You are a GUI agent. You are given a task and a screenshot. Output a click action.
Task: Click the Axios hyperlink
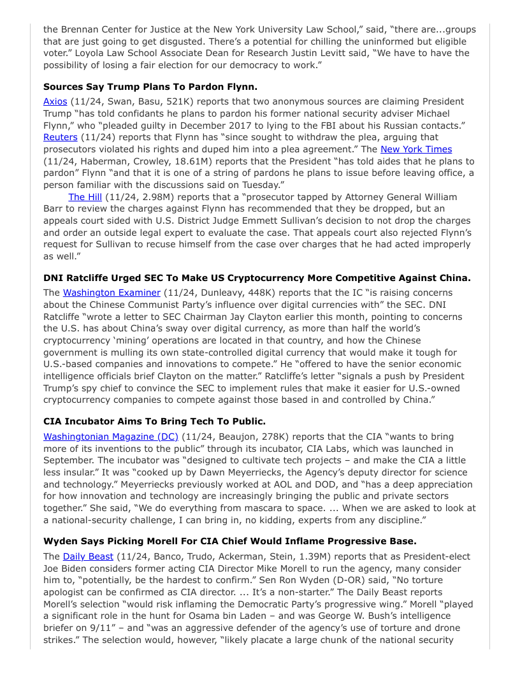click(55, 101)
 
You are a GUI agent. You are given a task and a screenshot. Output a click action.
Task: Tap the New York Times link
click(416, 149)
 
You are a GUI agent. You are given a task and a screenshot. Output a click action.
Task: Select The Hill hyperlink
click(85, 197)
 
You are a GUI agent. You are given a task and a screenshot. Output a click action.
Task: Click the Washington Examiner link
click(112, 293)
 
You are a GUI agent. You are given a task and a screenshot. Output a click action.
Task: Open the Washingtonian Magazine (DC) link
click(110, 437)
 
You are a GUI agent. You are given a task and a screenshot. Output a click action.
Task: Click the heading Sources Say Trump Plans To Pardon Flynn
click(150, 86)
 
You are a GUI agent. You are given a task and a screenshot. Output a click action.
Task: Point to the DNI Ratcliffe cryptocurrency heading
click(257, 278)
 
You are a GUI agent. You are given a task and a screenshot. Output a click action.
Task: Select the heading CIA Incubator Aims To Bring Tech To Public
click(154, 421)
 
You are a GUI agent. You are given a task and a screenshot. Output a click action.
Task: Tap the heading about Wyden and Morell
click(229, 541)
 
